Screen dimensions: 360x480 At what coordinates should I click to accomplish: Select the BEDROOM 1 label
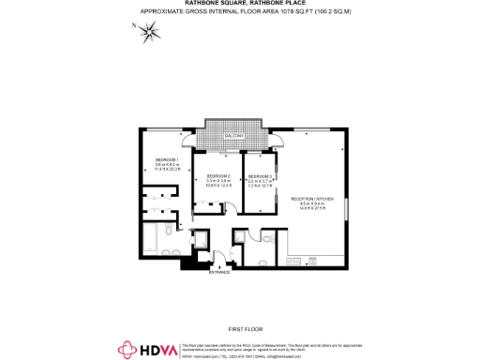pyautogui.click(x=166, y=159)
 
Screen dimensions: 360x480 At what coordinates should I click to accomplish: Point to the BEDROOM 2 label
pyautogui.click(x=219, y=176)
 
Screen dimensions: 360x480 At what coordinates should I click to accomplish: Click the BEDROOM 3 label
pyautogui.click(x=261, y=176)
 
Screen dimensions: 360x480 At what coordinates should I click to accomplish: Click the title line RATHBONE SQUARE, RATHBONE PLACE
pyautogui.click(x=240, y=4)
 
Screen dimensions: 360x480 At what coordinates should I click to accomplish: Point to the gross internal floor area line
pyautogui.click(x=240, y=11)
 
